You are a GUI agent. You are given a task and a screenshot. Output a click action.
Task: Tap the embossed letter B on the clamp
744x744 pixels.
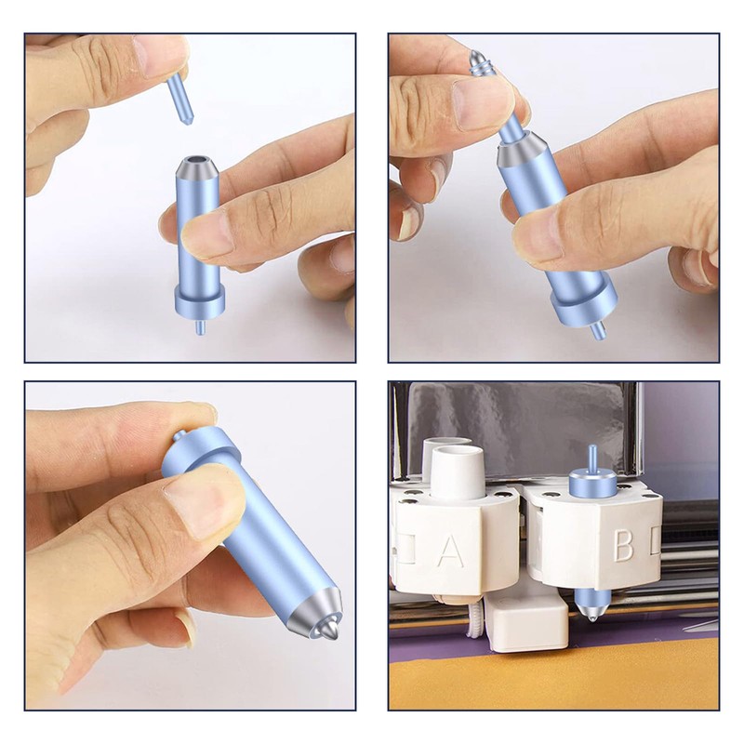622,545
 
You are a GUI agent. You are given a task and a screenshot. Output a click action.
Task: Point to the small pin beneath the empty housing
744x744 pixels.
199,327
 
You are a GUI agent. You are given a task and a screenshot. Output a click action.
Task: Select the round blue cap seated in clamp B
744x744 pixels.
591,483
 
